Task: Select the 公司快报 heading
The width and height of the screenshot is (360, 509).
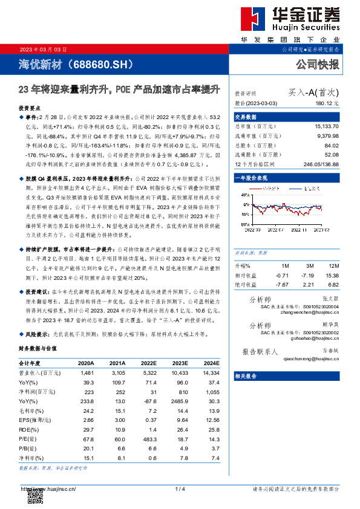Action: pyautogui.click(x=317, y=64)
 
